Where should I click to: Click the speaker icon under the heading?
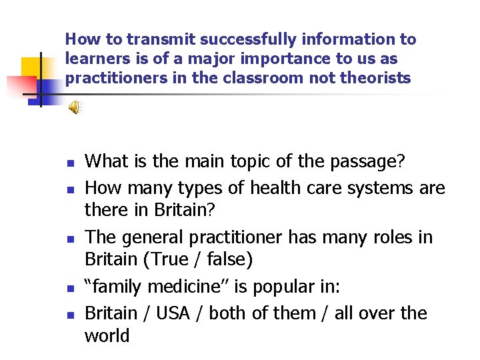click(x=76, y=107)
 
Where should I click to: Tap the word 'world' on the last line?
click(x=107, y=335)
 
